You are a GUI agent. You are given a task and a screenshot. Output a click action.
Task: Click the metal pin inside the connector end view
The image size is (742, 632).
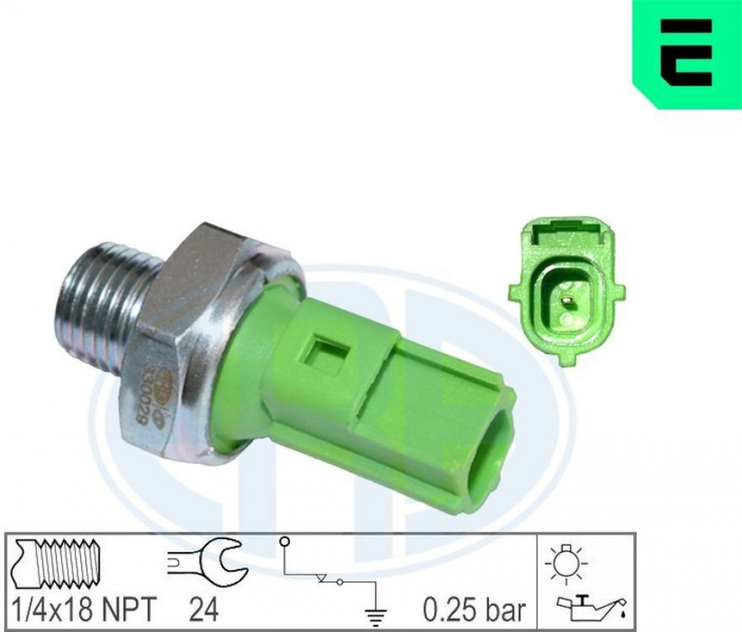pyautogui.click(x=565, y=299)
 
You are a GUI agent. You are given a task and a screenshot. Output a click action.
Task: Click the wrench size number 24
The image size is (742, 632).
pyautogui.click(x=203, y=608)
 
